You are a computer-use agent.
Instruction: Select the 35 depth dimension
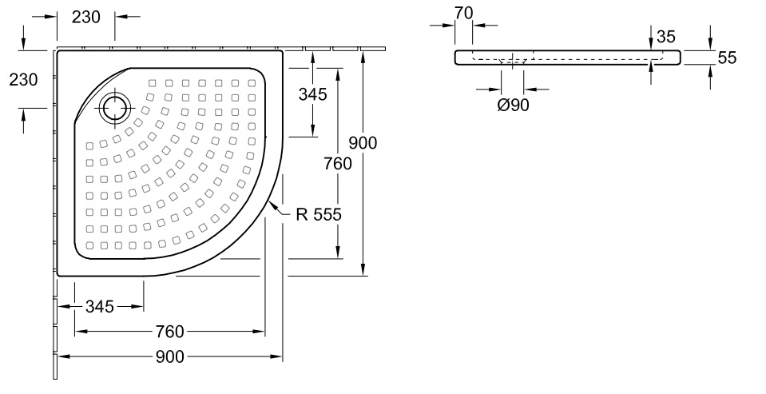(x=665, y=36)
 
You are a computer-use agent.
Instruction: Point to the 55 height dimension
(x=726, y=57)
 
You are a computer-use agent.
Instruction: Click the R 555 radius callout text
(x=317, y=215)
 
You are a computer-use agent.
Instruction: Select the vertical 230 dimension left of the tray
(x=22, y=80)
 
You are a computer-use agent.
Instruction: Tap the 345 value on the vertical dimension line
(x=312, y=94)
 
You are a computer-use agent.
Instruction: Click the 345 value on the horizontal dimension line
(x=100, y=306)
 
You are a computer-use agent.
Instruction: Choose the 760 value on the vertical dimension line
(x=338, y=164)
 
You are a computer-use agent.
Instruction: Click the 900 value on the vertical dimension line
(x=363, y=143)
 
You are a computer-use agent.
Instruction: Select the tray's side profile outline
(x=568, y=57)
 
